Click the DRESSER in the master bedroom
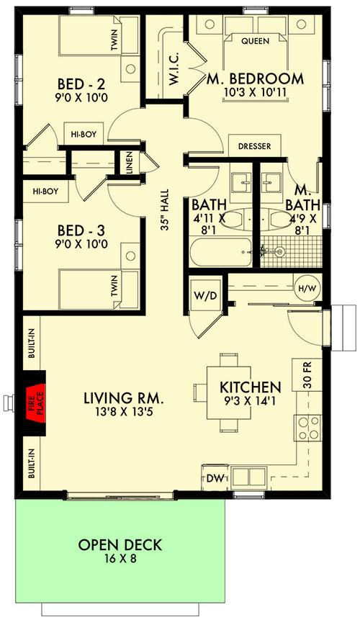point(254,146)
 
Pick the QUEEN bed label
point(255,41)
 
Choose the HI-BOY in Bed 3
point(45,192)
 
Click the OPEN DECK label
point(120,544)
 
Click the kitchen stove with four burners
point(308,428)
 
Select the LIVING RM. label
point(124,397)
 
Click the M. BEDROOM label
point(255,78)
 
